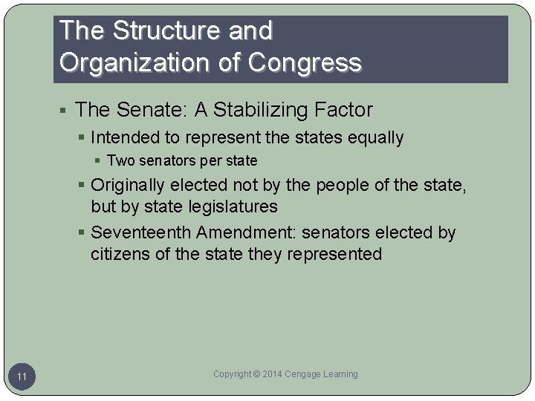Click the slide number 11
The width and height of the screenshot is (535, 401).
pos(22,377)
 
